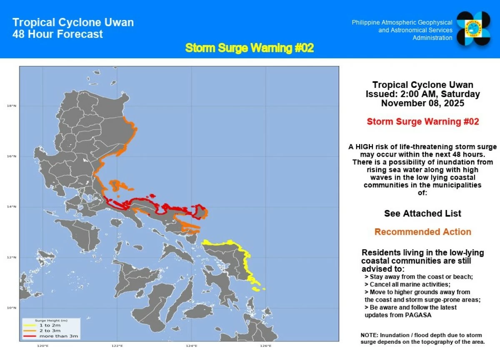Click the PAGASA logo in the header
[475, 28]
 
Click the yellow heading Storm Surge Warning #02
[249, 48]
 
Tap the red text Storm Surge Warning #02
[422, 122]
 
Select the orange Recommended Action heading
[422, 232]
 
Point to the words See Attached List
[422, 213]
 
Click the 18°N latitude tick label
[11, 106]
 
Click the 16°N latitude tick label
[11, 156]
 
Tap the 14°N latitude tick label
[11, 207]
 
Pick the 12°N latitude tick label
[11, 257]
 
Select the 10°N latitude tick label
[11, 308]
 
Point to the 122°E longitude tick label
[117, 345]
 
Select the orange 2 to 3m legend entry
[49, 330]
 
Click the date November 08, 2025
[422, 103]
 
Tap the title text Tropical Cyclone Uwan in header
[73, 22]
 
